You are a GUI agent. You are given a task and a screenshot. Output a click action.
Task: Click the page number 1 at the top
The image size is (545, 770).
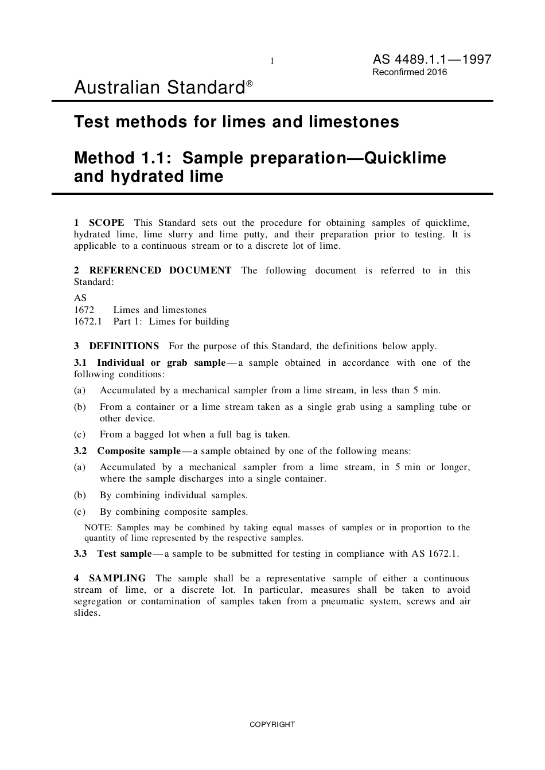[x=272, y=61]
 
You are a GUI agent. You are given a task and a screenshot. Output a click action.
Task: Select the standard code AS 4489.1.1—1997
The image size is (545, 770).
[x=431, y=60]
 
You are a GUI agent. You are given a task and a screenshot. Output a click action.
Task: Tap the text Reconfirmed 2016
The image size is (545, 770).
[x=410, y=72]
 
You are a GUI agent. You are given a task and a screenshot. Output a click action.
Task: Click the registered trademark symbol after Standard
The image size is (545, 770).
[x=250, y=84]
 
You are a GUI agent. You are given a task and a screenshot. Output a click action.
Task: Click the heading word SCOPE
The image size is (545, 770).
[x=106, y=222]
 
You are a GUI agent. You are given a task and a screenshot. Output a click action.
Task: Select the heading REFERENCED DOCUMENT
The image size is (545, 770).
[x=160, y=270]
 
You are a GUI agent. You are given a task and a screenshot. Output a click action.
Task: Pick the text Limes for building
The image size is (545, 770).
[x=189, y=321]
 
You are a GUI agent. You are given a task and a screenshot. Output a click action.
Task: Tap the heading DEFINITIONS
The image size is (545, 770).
[x=124, y=346]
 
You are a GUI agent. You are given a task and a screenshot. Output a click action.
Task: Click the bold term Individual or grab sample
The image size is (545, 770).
[x=161, y=362]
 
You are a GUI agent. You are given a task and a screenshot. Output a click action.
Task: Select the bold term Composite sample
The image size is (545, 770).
[x=139, y=451]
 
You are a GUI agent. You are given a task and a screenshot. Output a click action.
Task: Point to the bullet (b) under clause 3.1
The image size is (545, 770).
[x=80, y=407]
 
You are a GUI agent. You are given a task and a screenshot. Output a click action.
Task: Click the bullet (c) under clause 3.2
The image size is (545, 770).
[x=80, y=511]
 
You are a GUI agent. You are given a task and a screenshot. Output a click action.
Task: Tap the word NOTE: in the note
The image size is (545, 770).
[x=98, y=527]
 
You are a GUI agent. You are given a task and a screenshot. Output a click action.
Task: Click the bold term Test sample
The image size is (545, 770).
[x=124, y=553]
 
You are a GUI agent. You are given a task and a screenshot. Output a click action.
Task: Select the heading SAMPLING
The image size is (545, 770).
[x=117, y=578]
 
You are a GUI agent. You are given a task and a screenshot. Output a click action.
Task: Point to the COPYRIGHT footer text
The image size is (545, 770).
[x=272, y=724]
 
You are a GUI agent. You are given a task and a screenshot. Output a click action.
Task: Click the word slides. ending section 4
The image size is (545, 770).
[x=87, y=612]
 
